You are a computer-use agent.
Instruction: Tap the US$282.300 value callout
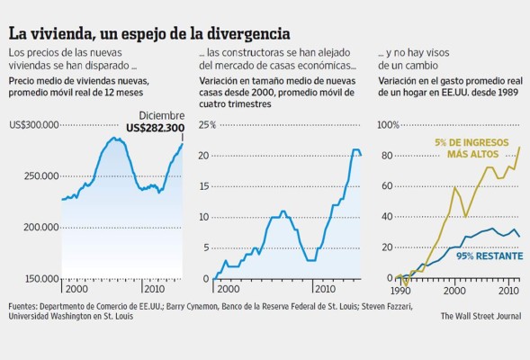(155, 128)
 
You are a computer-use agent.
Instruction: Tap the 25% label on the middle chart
(208, 124)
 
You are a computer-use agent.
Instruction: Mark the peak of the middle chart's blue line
(355, 150)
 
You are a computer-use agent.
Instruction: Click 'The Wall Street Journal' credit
(480, 316)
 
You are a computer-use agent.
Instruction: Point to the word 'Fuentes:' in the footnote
(25, 306)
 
